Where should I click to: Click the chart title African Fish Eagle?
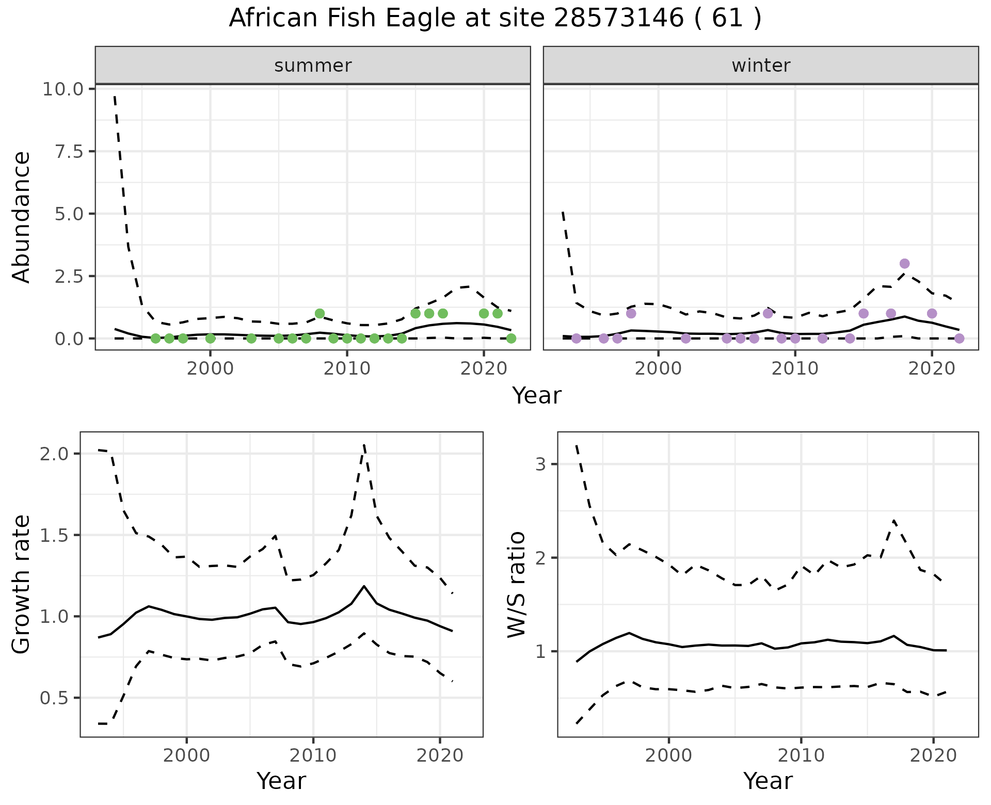pyautogui.click(x=494, y=19)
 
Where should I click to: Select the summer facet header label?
pyautogui.click(x=313, y=66)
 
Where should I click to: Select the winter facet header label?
pyautogui.click(x=761, y=66)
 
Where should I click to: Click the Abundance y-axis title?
pyautogui.click(x=22, y=217)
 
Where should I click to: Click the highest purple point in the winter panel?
pyautogui.click(x=904, y=264)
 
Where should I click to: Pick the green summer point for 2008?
pyautogui.click(x=319, y=314)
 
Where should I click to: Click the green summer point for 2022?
pyautogui.click(x=511, y=339)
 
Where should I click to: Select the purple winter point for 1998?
pyautogui.click(x=631, y=314)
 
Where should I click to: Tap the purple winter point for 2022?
pyautogui.click(x=959, y=339)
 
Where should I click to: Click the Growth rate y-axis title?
pyautogui.click(x=22, y=584)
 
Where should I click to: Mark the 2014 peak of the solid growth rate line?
pyautogui.click(x=364, y=586)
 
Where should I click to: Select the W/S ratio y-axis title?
pyautogui.click(x=516, y=584)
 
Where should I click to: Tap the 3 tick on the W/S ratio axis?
pyautogui.click(x=540, y=464)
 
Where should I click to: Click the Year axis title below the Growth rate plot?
pyautogui.click(x=281, y=781)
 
